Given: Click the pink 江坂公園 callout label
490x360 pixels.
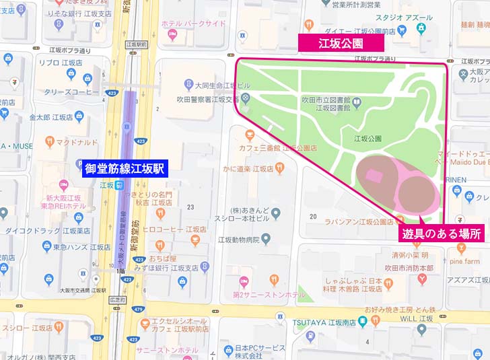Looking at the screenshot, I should [341, 43].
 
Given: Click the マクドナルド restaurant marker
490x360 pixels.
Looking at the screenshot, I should [50, 142].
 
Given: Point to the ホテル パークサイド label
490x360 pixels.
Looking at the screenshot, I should [195, 24].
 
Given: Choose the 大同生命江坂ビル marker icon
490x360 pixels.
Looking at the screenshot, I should [188, 85].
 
